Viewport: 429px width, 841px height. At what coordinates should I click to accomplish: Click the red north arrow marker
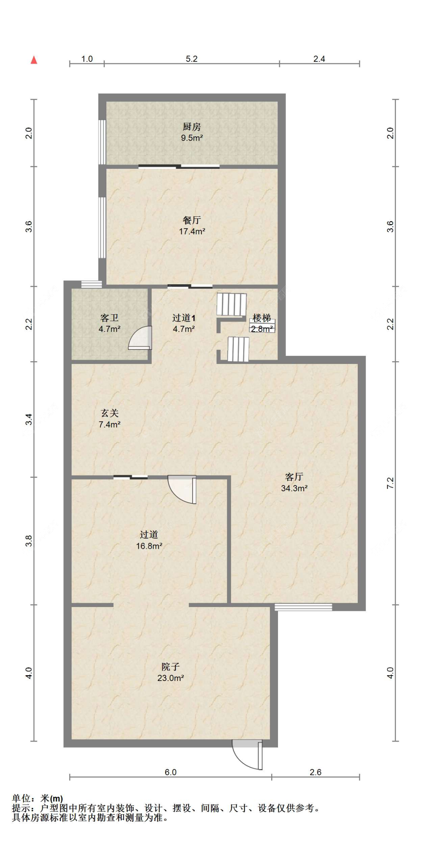tap(34, 60)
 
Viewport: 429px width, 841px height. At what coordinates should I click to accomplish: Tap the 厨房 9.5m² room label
tap(191, 132)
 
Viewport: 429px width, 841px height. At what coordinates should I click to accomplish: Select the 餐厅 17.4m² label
tap(192, 226)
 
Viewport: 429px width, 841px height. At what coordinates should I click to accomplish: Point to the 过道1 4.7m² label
tap(184, 323)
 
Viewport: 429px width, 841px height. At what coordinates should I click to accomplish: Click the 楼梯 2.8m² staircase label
tap(262, 323)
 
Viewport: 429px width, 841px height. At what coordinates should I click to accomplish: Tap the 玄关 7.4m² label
tap(109, 418)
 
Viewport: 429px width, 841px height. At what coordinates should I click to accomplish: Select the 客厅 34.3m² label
tap(294, 482)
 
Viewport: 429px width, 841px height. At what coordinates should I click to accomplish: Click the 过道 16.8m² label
tap(149, 540)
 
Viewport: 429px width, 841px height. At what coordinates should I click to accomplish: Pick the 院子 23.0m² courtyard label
tap(170, 672)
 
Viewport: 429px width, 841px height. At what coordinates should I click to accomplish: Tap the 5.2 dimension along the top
tap(191, 59)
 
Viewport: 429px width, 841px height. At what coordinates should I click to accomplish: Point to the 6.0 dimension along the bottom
tap(170, 772)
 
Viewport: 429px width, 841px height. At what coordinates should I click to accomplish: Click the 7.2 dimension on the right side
tap(390, 483)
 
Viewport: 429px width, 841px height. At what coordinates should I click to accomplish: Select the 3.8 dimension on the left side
tap(29, 541)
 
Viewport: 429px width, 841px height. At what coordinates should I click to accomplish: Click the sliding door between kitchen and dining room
tap(179, 166)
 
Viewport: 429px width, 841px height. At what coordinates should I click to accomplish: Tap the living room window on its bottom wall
tap(303, 607)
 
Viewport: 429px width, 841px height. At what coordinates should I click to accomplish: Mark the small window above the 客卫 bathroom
tap(92, 284)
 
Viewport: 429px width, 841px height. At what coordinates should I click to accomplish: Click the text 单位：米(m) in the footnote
tap(37, 798)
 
